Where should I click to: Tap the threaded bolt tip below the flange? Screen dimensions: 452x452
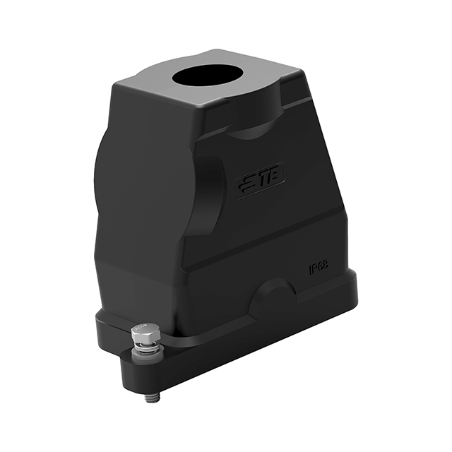[x=150, y=396]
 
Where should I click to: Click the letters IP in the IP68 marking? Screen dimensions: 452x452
[x=314, y=271]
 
